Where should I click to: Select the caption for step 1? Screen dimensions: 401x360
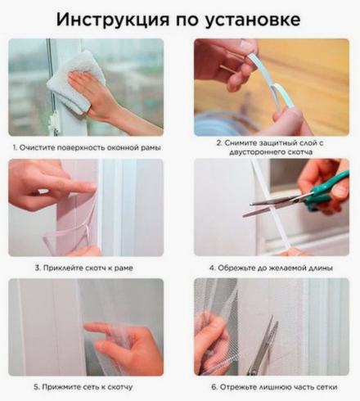tap(86, 147)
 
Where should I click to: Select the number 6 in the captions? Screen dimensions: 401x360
tap(211, 386)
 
